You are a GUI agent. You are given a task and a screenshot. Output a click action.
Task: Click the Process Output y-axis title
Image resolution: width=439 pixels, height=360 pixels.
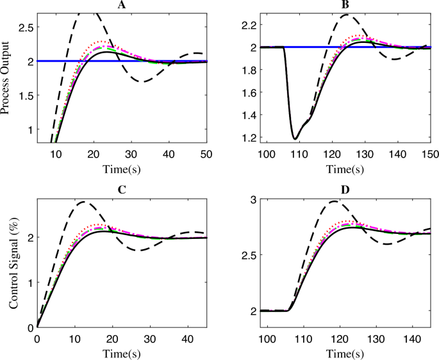click(6, 78)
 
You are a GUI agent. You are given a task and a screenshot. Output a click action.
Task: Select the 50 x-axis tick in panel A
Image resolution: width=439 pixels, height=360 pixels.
click(207, 154)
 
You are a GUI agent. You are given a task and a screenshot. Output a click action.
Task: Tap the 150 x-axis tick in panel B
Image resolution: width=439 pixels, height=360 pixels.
click(429, 154)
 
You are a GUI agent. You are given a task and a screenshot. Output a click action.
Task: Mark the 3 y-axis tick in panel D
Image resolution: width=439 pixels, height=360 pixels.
click(253, 200)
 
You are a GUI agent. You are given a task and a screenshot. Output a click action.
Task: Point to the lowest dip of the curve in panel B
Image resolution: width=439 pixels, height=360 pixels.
click(295, 138)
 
